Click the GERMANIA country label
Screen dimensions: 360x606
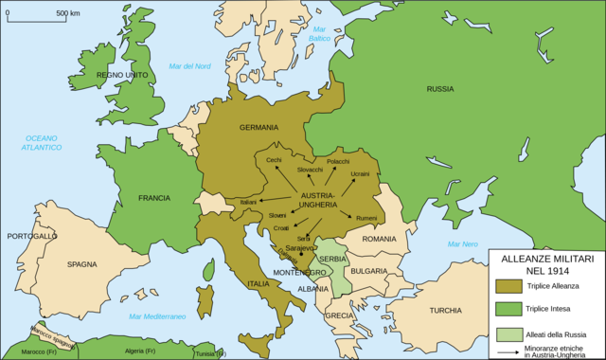click(258, 128)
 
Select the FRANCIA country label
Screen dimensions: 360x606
click(153, 198)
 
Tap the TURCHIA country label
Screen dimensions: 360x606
click(444, 310)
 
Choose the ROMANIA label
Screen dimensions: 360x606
click(378, 239)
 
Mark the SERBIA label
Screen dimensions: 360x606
click(332, 259)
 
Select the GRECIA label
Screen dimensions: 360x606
click(339, 315)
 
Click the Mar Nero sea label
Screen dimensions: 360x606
click(463, 244)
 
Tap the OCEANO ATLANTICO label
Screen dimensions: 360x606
click(44, 143)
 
